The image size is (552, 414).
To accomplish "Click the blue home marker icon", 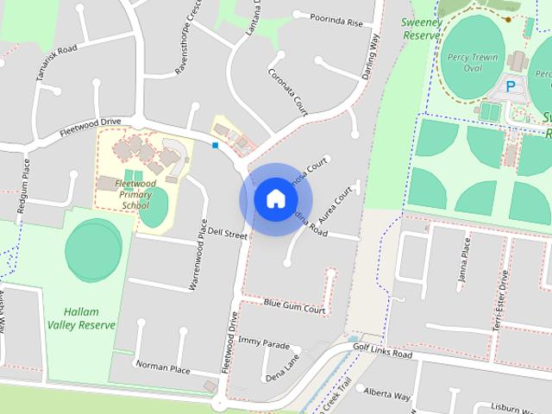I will point(275,199).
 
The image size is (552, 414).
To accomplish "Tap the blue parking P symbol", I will point(511,86).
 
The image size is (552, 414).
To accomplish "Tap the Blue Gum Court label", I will point(294,305).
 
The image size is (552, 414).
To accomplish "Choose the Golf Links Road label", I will point(383,350).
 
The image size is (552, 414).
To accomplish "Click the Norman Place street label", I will point(162,367).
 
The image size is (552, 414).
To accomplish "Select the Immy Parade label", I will point(264,342).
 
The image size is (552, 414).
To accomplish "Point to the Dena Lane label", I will point(282,367).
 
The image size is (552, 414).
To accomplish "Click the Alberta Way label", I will point(386,393).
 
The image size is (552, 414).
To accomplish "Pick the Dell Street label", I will point(228,234).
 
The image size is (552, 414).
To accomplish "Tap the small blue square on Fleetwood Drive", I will point(215,146).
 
